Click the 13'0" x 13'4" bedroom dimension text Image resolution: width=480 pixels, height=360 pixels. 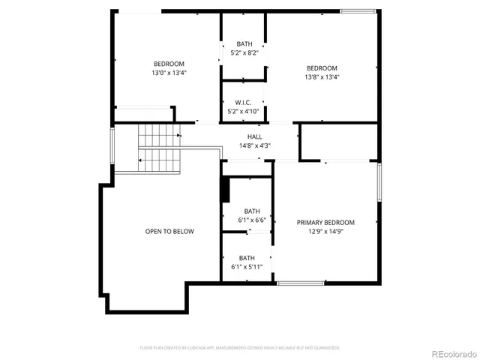[169, 73]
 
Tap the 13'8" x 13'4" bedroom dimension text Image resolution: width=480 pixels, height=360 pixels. [321, 77]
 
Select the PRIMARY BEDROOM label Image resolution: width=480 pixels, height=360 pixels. [325, 222]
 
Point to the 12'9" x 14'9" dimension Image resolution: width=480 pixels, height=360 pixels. [325, 231]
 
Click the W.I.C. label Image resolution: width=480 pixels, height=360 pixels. [243, 102]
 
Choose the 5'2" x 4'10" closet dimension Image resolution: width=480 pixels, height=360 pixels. [243, 111]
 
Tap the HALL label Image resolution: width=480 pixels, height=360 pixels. [255, 136]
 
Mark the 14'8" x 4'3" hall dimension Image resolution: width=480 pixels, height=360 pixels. [255, 145]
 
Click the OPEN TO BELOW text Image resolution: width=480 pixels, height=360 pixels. [169, 231]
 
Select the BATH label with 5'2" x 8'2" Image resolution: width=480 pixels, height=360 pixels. [244, 43]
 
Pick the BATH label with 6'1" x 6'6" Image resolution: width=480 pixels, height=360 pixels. [251, 211]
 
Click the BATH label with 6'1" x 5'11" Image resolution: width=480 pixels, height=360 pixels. [247, 257]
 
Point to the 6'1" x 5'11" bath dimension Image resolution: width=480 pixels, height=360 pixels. [247, 266]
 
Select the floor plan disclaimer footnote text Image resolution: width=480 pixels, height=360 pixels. [240, 348]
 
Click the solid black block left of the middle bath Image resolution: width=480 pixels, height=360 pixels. [224, 190]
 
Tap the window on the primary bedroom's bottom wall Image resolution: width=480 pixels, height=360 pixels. [300, 283]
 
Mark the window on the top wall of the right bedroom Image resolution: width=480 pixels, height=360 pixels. [358, 10]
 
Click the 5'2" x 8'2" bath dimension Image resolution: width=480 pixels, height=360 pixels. [244, 52]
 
